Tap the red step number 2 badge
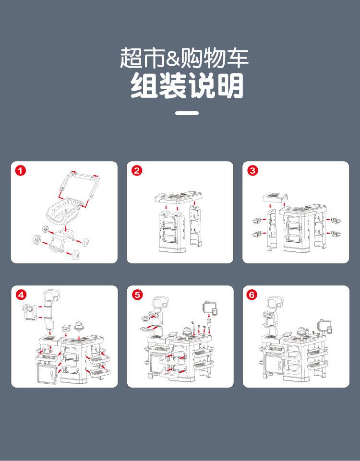click(x=137, y=171)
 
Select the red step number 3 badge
click(x=253, y=171)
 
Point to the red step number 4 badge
click(x=21, y=295)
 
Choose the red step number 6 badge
click(x=253, y=295)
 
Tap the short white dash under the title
click(x=187, y=113)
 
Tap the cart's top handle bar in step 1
click(x=80, y=177)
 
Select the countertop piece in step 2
click(x=177, y=198)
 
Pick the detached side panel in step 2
click(x=195, y=225)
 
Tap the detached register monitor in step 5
click(x=210, y=307)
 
